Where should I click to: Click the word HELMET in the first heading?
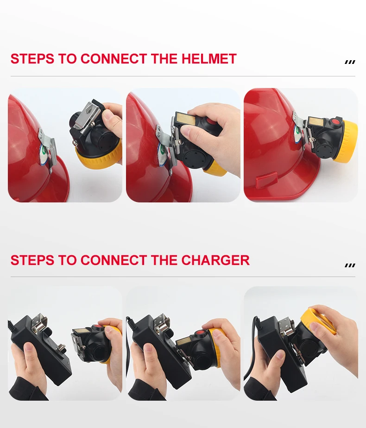(x=209, y=59)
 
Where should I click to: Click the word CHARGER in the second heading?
(x=215, y=260)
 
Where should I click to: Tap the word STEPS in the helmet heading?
(x=32, y=59)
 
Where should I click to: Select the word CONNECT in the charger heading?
(x=114, y=260)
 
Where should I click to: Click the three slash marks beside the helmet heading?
(x=350, y=62)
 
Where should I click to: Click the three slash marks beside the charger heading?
(x=350, y=265)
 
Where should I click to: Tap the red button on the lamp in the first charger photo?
(x=98, y=327)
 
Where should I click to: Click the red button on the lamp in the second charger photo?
(x=200, y=333)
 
